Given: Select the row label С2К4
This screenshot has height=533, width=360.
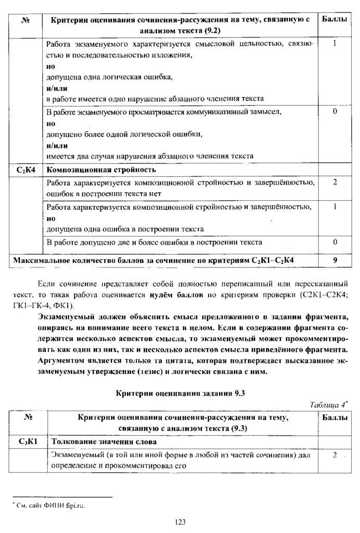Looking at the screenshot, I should [x=26, y=170].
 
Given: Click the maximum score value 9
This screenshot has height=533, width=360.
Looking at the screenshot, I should [x=335, y=259].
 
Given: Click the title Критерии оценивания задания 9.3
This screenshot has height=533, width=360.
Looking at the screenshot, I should [x=180, y=394].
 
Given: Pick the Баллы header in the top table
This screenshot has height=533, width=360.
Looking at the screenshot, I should [x=335, y=19].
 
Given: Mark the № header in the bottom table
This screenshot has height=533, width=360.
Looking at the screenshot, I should [x=26, y=418].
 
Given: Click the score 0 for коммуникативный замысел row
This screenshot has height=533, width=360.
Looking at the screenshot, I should [x=335, y=112].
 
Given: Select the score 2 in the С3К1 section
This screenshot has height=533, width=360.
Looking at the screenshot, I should [x=335, y=455].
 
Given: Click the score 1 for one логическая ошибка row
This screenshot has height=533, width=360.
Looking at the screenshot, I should [x=335, y=44].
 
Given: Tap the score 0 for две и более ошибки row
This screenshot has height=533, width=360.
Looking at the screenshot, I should [x=335, y=242].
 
